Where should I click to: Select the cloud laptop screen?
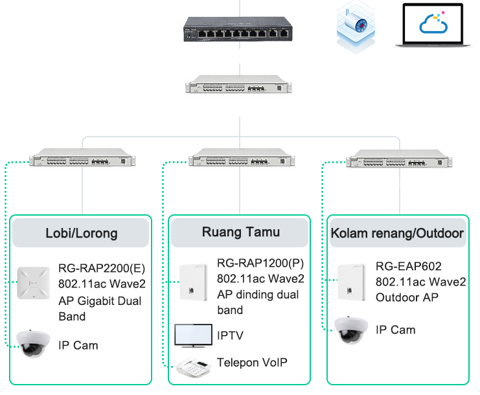pos(433,26)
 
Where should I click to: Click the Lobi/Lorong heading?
pos(82,233)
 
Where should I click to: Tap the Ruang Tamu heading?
pos(240,232)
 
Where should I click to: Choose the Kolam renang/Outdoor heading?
pos(397,233)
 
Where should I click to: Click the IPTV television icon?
pos(193,335)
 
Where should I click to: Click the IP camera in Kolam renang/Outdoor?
pos(350,330)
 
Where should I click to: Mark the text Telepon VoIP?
pos(252,363)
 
